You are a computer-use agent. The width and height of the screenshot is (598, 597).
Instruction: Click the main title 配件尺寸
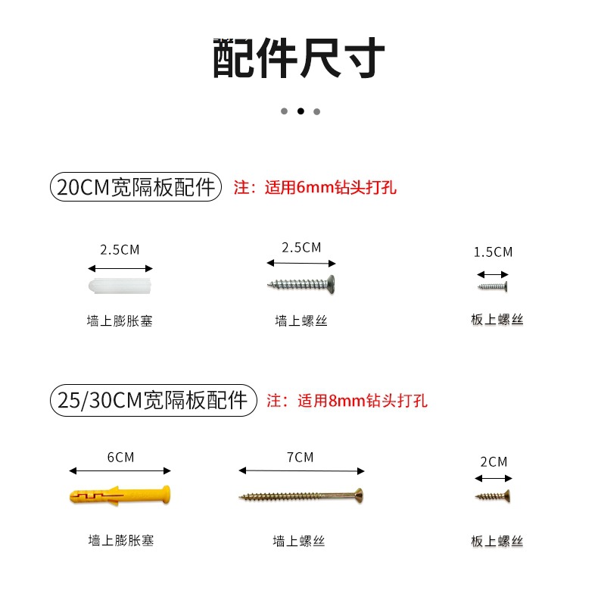click(x=299, y=58)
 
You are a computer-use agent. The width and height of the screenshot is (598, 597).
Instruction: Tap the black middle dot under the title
click(x=301, y=111)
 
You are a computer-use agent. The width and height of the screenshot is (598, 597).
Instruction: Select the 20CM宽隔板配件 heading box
click(x=135, y=187)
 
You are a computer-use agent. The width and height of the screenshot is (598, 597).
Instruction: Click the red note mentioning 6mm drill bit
click(x=315, y=187)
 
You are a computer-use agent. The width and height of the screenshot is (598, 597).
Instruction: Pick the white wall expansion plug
click(x=121, y=287)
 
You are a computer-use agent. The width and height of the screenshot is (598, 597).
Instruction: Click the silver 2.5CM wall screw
click(x=301, y=284)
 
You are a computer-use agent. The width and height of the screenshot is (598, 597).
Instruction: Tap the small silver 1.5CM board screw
click(x=492, y=286)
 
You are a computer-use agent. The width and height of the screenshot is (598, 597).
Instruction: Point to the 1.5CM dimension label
click(x=493, y=252)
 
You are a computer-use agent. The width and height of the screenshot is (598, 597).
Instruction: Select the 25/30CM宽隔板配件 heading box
click(x=153, y=399)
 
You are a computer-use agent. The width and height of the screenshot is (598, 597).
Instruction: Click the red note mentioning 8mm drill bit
click(x=347, y=400)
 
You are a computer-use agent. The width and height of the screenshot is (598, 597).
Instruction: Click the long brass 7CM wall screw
click(x=302, y=497)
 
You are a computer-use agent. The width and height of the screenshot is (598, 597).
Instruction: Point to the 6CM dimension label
click(x=120, y=457)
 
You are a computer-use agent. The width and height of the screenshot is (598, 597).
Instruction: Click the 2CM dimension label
click(x=494, y=461)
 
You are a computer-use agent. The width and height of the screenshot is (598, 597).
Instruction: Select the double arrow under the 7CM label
click(x=301, y=470)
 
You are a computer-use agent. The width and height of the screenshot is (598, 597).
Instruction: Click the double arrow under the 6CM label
click(x=120, y=470)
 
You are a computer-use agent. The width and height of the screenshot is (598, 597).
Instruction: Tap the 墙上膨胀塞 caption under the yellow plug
click(x=121, y=541)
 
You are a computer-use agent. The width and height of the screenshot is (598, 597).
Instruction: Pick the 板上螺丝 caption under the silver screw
click(x=497, y=320)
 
